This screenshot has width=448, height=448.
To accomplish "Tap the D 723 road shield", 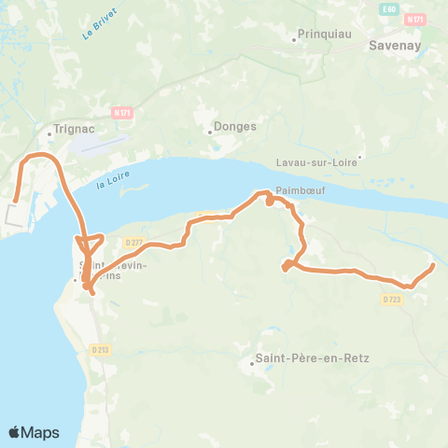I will [x=391, y=299].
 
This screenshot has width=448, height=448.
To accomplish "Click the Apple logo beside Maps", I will [x=15, y=432].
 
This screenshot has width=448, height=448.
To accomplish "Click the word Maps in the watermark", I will [x=41, y=433].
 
